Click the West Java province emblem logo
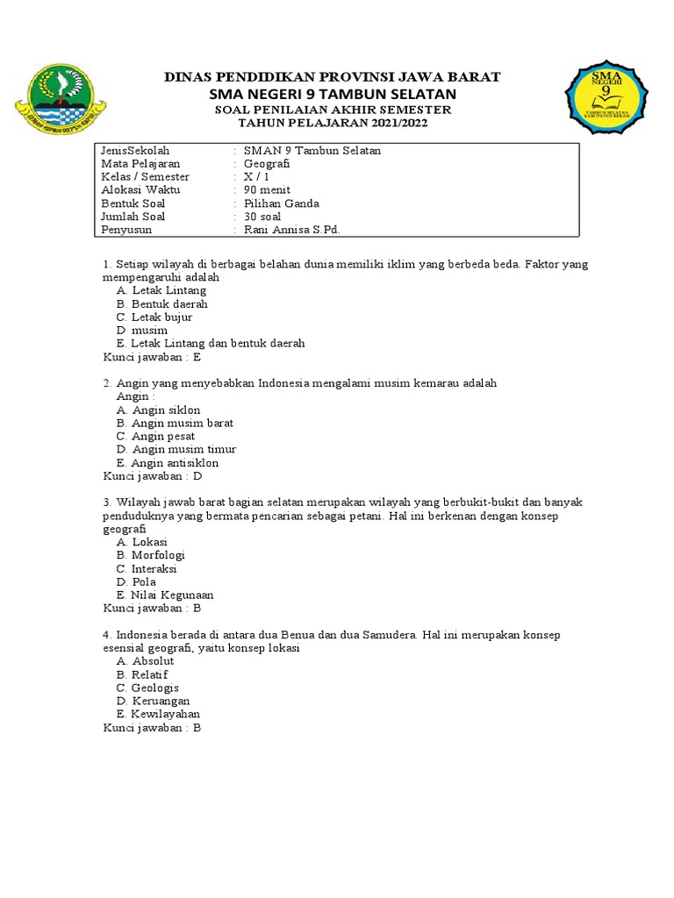click(x=61, y=99)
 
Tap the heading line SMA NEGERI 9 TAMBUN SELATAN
click(x=333, y=94)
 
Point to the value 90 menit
click(x=267, y=190)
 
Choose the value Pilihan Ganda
click(x=282, y=203)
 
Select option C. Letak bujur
click(x=154, y=317)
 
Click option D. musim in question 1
click(x=142, y=331)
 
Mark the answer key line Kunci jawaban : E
click(x=153, y=357)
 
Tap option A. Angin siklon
click(x=159, y=410)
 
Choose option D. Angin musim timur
click(x=176, y=449)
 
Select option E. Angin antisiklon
click(x=168, y=462)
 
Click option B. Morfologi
click(x=151, y=555)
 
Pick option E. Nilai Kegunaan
click(x=165, y=595)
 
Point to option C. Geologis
click(x=147, y=688)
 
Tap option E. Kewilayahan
click(x=158, y=714)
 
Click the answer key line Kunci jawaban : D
click(x=153, y=476)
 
